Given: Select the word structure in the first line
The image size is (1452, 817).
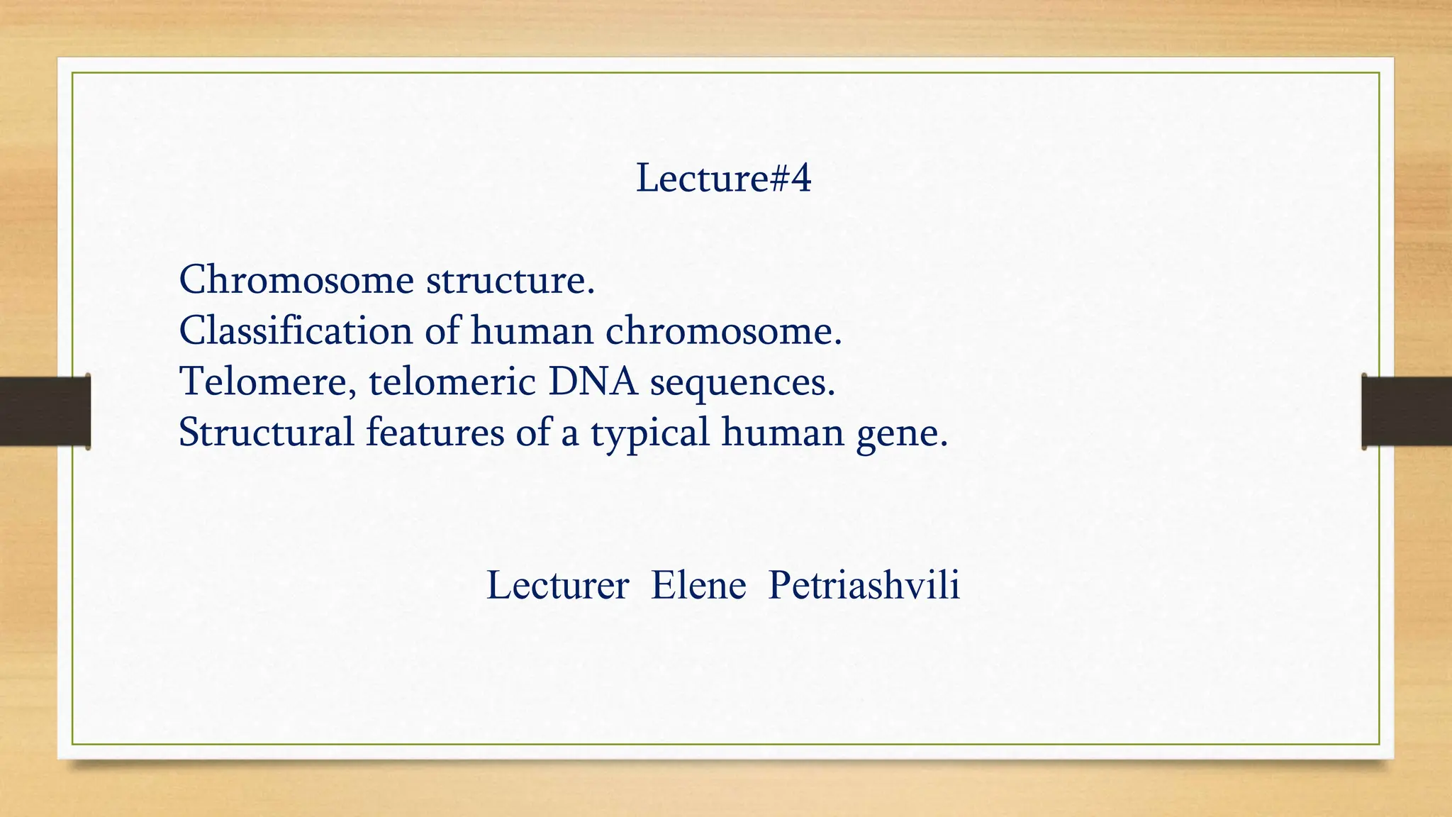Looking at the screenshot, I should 510,281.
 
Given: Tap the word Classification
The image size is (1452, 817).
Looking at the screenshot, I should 296,330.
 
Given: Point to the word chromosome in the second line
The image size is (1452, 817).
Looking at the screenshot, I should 723,330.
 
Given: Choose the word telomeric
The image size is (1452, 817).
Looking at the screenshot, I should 452,382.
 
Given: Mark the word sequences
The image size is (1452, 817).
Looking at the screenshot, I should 742,383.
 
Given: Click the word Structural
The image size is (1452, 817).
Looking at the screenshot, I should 266,432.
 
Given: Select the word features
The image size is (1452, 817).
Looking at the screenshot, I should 435,432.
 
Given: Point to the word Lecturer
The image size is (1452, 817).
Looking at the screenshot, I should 557,586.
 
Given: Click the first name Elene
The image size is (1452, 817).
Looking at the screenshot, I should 698,586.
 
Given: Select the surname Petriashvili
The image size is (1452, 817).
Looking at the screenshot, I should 864,586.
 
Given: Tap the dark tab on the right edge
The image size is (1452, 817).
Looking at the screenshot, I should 1407,411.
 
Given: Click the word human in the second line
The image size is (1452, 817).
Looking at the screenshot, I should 532,330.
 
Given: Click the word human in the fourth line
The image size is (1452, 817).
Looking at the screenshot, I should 782,432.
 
